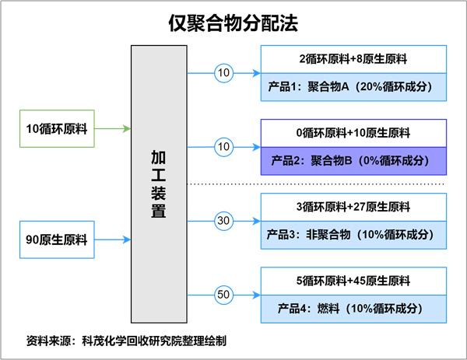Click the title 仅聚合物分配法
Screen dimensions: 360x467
coord(233,22)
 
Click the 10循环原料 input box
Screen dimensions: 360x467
coord(56,128)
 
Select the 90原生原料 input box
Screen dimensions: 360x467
coord(56,239)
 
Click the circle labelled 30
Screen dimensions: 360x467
coord(224,222)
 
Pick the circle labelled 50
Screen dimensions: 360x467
coord(224,295)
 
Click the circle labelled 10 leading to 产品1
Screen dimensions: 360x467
coord(224,73)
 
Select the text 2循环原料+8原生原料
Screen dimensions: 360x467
coord(353,58)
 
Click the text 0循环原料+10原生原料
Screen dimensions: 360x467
coord(353,132)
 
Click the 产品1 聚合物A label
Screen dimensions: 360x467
coord(353,87)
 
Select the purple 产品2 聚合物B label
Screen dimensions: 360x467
coord(353,161)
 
